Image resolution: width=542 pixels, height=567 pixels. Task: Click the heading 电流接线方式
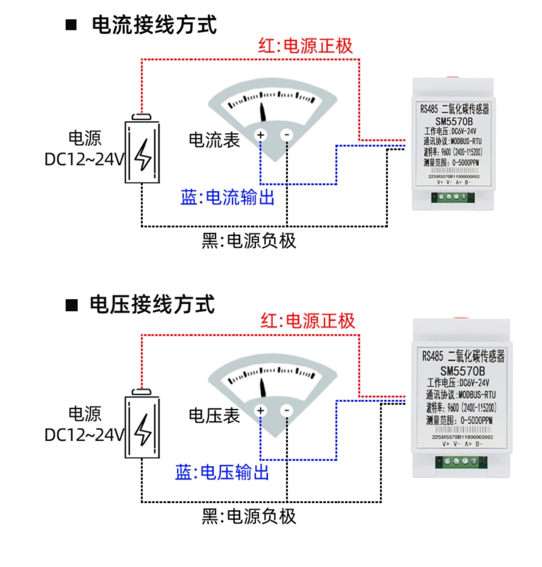tap(154, 25)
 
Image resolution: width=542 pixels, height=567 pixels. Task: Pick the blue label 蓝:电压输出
tap(223, 472)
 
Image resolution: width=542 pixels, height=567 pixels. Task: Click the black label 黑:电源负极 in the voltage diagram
tap(249, 516)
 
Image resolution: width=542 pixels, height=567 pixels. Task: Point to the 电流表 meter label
tap(214, 140)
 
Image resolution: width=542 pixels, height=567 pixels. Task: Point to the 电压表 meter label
tap(214, 416)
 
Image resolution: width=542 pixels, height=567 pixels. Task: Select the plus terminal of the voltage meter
tap(261, 411)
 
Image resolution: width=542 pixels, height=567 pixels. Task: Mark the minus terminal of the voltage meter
tap(287, 411)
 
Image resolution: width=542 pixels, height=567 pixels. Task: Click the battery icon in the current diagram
tap(143, 151)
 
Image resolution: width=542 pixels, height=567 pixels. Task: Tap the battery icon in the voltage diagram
tap(143, 426)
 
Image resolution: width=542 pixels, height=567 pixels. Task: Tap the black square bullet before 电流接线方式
tap(72, 25)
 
